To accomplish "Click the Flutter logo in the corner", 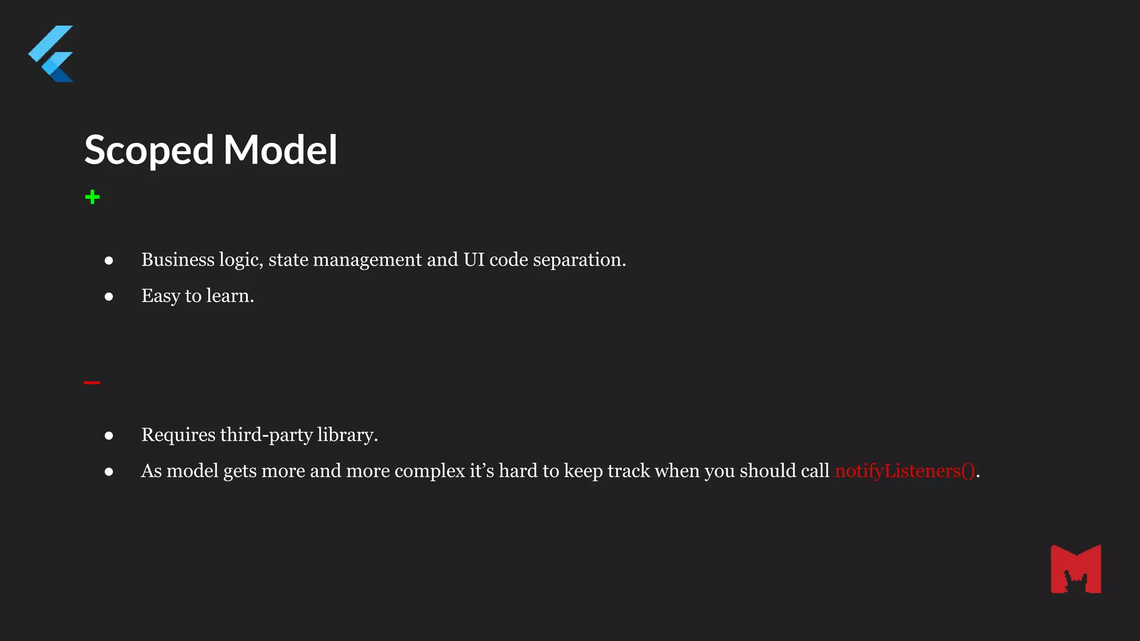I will tap(51, 54).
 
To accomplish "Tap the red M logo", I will tap(1075, 569).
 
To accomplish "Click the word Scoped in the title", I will tap(149, 150).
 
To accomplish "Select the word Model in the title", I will tap(280, 150).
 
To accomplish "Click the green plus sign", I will tap(92, 197).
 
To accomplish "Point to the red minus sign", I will tap(92, 383).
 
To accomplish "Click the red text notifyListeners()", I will tap(905, 471).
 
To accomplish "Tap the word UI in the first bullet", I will tap(474, 260).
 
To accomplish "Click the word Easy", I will tap(160, 296).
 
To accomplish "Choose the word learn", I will tap(229, 296).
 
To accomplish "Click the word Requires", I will tap(178, 435).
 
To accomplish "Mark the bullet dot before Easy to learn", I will tap(109, 297).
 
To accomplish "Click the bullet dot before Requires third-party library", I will tap(109, 436).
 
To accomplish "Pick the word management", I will tap(367, 260).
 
